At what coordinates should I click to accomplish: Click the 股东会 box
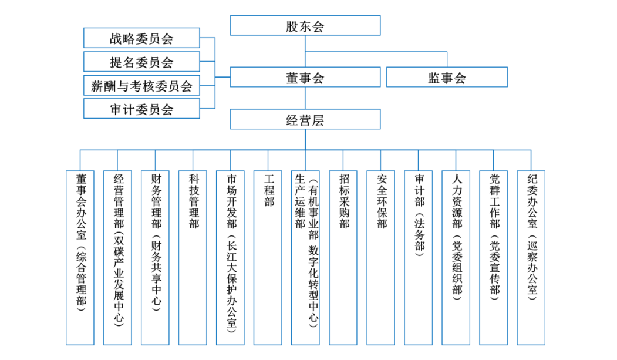coord(305,26)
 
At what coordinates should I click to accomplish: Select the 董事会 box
coord(305,77)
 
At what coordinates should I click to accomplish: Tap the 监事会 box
coord(447,77)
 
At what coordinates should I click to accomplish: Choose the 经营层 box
coord(305,119)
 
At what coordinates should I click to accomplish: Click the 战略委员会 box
coord(141,38)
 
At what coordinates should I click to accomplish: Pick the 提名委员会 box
coord(141,62)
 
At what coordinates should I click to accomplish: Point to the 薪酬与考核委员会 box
coord(141,85)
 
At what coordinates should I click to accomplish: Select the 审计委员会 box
coord(141,109)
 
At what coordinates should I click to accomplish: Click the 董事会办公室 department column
coord(80,258)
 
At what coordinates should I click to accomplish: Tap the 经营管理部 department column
coord(117,258)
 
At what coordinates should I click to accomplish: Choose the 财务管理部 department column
coord(155,258)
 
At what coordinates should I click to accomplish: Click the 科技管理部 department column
coord(193,258)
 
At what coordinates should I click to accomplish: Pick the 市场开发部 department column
coord(230,258)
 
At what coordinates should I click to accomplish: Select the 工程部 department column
coord(268,258)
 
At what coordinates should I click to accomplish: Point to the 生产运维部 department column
coord(305,258)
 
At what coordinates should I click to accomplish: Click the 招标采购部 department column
coord(343,258)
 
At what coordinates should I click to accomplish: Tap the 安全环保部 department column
coord(380,258)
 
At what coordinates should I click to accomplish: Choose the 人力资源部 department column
coord(456,258)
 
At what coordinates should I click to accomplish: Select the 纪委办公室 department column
coord(531,258)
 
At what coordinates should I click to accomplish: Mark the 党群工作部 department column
coord(494,258)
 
